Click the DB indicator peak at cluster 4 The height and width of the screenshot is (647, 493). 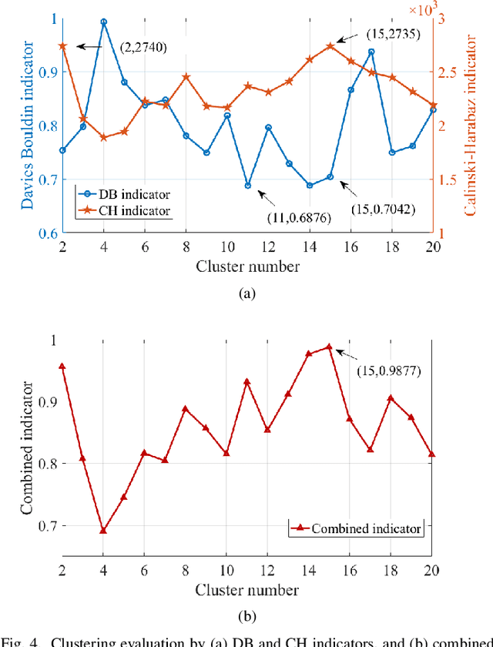coord(104,22)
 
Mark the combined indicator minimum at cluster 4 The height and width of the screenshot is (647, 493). coord(104,530)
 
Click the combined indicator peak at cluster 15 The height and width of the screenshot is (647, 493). coord(330,347)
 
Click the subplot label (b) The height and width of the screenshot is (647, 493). coord(246,616)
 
